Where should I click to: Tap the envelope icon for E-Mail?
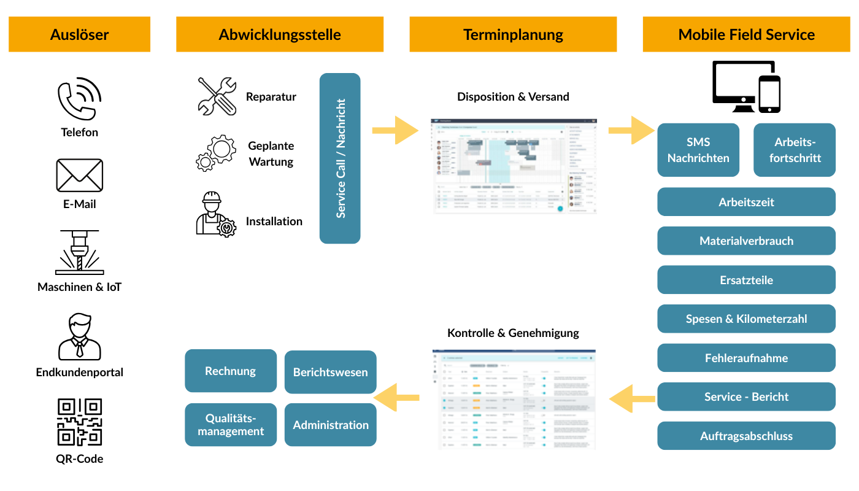[x=79, y=175]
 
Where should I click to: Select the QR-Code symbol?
[x=79, y=422]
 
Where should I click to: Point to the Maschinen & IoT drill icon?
[x=79, y=252]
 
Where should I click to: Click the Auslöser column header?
[x=79, y=34]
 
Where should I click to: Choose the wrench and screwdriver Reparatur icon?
[x=217, y=96]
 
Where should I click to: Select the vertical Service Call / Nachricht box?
[x=340, y=158]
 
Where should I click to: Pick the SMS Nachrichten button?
[x=698, y=150]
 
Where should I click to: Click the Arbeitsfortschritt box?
[x=795, y=150]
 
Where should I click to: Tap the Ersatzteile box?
[x=746, y=280]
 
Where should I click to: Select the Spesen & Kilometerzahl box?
[x=746, y=319]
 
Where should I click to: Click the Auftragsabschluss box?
[x=746, y=436]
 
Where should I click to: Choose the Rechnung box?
[x=231, y=371]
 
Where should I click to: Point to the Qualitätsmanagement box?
[x=231, y=425]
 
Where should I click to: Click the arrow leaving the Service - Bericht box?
[x=631, y=400]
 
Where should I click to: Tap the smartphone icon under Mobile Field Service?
[x=769, y=94]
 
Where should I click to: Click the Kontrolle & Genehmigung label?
[x=513, y=333]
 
